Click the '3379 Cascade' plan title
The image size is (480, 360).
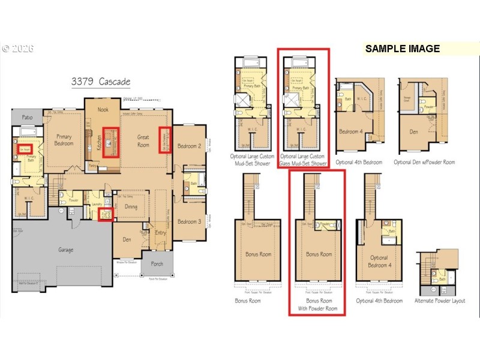[x=100, y=82]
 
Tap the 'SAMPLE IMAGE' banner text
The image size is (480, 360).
[x=402, y=49]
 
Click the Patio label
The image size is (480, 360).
[x=28, y=118]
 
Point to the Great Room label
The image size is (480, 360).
[x=143, y=141]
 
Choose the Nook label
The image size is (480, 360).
[x=103, y=109]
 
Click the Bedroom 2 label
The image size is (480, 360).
[x=189, y=146]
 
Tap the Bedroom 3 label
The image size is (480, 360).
[x=189, y=221]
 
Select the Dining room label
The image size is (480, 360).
[x=131, y=207]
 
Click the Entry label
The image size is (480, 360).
[x=161, y=233]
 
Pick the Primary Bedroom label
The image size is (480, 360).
[x=64, y=140]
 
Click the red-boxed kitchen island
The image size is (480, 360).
[x=110, y=142]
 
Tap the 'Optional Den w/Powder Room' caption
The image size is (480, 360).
[x=424, y=162]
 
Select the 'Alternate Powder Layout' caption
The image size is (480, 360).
[x=440, y=300]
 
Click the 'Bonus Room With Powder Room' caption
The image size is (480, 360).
[x=318, y=304]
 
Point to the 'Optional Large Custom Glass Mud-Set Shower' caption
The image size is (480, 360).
[x=304, y=160]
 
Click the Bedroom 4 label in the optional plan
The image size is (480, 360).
[x=351, y=131]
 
